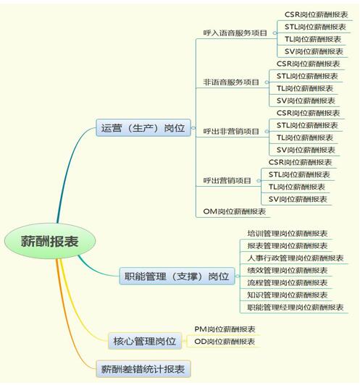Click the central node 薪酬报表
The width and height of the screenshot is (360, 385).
[50, 241]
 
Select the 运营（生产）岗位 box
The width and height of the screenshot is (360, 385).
[143, 127]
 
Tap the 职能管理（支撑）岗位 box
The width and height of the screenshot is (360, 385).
[177, 276]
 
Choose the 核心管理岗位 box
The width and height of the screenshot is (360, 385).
[145, 341]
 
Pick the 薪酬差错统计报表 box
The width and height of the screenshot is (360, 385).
[143, 369]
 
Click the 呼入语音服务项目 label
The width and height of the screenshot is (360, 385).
[235, 33]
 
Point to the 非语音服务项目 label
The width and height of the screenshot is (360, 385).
[231, 82]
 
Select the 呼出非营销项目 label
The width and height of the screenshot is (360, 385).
[231, 131]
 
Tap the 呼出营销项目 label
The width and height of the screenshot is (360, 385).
[227, 180]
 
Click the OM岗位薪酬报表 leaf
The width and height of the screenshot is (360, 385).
[235, 211]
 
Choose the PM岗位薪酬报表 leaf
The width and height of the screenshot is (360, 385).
[225, 329]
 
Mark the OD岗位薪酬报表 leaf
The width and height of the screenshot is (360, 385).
[225, 342]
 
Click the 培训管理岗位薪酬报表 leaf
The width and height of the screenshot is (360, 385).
[288, 233]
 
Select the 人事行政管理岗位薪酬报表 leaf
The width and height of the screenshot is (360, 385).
[296, 258]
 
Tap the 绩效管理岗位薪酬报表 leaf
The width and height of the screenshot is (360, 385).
[288, 270]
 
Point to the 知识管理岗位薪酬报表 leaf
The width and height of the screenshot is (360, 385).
[288, 295]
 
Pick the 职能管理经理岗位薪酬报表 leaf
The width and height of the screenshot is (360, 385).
[296, 307]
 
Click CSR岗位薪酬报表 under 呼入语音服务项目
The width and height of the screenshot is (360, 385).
[317, 14]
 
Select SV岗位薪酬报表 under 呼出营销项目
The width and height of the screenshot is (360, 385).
[298, 199]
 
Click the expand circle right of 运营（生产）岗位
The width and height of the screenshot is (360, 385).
[193, 127]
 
